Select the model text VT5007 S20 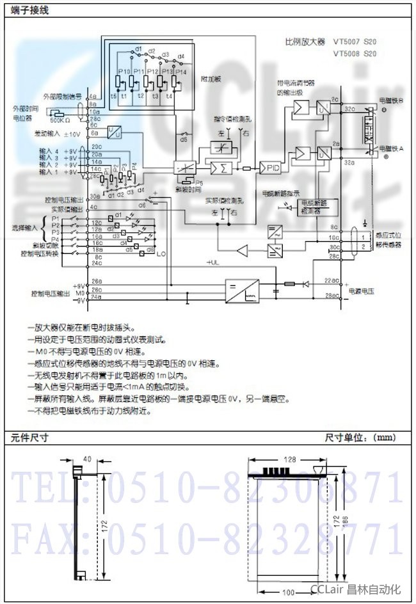click(355, 42)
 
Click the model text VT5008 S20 click(355, 54)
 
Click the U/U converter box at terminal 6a click(116, 132)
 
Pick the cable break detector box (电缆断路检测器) click(313, 206)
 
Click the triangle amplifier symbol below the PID click(244, 249)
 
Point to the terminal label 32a click(349, 164)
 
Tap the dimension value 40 click(87, 459)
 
